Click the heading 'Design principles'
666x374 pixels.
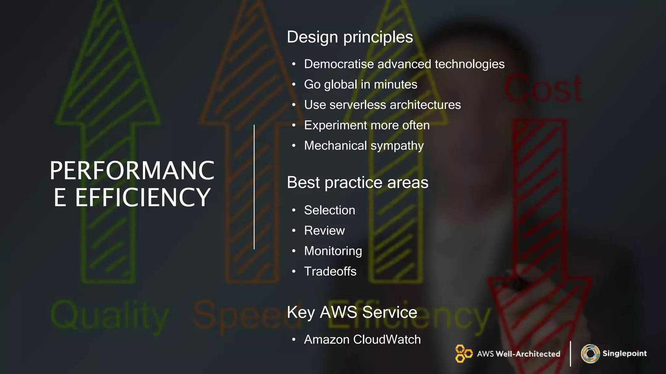click(x=350, y=37)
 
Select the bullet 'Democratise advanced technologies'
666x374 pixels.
click(x=404, y=64)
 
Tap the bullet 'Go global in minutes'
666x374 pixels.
click(x=360, y=84)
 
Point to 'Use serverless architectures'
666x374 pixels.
click(x=382, y=105)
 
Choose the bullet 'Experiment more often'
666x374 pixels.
click(x=366, y=125)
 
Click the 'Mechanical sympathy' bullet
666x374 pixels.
click(x=364, y=146)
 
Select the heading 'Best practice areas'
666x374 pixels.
click(x=357, y=182)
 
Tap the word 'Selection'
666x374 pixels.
click(x=329, y=210)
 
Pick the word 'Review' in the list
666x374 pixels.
click(x=324, y=231)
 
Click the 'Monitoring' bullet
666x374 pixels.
click(x=333, y=251)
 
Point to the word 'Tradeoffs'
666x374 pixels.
click(x=330, y=271)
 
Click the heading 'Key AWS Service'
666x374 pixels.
click(x=352, y=312)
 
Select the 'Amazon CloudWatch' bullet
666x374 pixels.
click(x=362, y=340)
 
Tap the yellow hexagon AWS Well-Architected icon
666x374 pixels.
click(x=463, y=354)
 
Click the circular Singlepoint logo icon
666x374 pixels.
click(x=590, y=354)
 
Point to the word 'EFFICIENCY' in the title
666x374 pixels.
click(x=143, y=197)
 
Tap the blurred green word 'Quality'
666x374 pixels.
click(x=110, y=316)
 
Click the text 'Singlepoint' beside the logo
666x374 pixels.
click(x=624, y=354)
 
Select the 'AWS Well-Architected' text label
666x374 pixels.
click(x=518, y=354)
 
